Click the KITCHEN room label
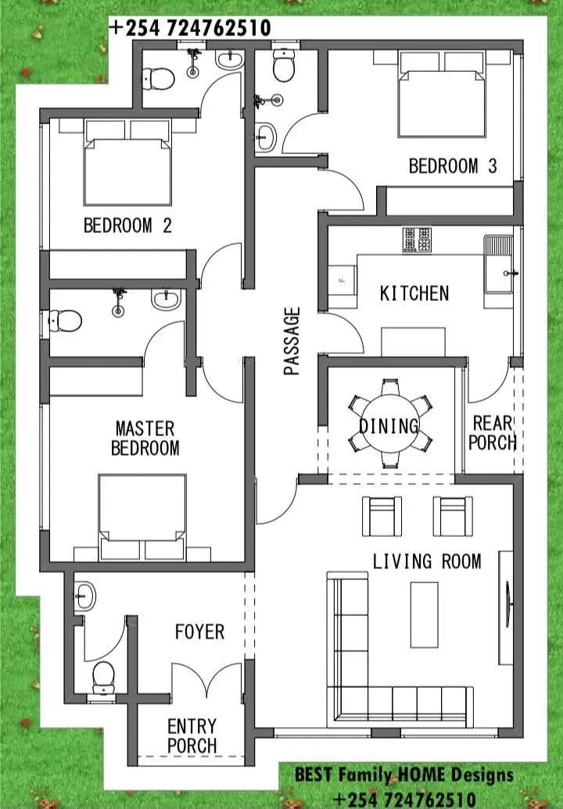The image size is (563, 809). pos(414,294)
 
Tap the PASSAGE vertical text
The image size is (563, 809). pos(292,341)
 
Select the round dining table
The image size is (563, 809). pos(389,424)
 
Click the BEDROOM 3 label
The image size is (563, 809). pos(453,166)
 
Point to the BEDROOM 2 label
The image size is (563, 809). pos(127,225)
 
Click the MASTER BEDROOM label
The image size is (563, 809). pos(145,438)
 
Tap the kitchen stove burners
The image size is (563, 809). pos(417,240)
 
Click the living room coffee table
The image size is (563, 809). pos(424,614)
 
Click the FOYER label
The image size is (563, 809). pos(199,632)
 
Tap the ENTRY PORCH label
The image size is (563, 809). pos(192,736)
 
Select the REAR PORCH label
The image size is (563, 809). pos(493,433)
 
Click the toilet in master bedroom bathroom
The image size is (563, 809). pos(66,320)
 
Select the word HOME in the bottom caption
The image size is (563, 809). pos(421,775)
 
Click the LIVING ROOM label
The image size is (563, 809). pos(427,561)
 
